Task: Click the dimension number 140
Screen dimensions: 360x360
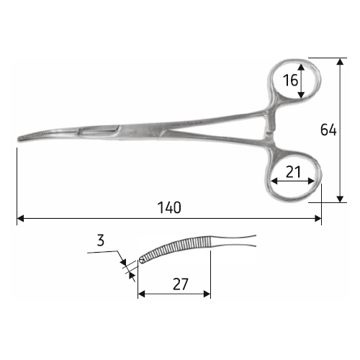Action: click(x=169, y=207)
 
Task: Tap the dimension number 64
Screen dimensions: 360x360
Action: click(x=328, y=130)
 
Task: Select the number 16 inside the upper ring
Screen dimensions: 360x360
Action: click(x=290, y=80)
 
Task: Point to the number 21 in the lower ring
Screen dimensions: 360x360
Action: click(x=293, y=172)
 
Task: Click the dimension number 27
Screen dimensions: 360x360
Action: click(x=181, y=284)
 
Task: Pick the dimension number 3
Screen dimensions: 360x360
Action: click(x=101, y=240)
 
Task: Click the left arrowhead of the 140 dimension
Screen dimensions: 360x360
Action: click(x=21, y=219)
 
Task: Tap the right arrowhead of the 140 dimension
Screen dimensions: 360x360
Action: click(x=318, y=219)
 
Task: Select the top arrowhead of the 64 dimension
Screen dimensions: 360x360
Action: click(x=340, y=62)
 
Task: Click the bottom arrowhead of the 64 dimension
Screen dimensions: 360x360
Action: click(x=340, y=199)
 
